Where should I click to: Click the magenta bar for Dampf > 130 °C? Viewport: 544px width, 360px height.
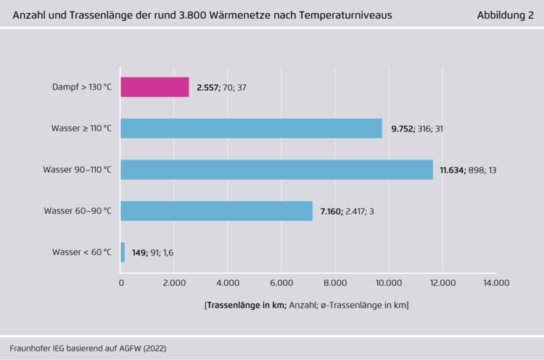click(154, 87)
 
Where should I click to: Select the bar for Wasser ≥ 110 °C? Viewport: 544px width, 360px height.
click(251, 128)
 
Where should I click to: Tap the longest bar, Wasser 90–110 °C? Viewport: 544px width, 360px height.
click(276, 170)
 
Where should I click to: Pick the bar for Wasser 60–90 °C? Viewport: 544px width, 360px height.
click(216, 211)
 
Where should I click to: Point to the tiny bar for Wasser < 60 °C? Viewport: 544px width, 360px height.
click(123, 253)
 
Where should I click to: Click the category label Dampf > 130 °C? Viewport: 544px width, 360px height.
click(82, 87)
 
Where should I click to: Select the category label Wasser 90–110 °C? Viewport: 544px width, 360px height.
click(78, 170)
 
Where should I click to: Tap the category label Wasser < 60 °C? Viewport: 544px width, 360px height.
click(82, 253)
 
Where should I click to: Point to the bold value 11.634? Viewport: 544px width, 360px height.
click(454, 170)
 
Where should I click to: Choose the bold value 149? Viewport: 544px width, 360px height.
click(140, 253)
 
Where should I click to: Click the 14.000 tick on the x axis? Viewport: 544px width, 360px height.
click(496, 283)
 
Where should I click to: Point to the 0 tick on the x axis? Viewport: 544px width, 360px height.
click(121, 283)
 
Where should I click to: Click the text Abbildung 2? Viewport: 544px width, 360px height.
click(506, 15)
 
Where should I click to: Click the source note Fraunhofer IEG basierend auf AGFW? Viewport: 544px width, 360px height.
click(88, 348)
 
